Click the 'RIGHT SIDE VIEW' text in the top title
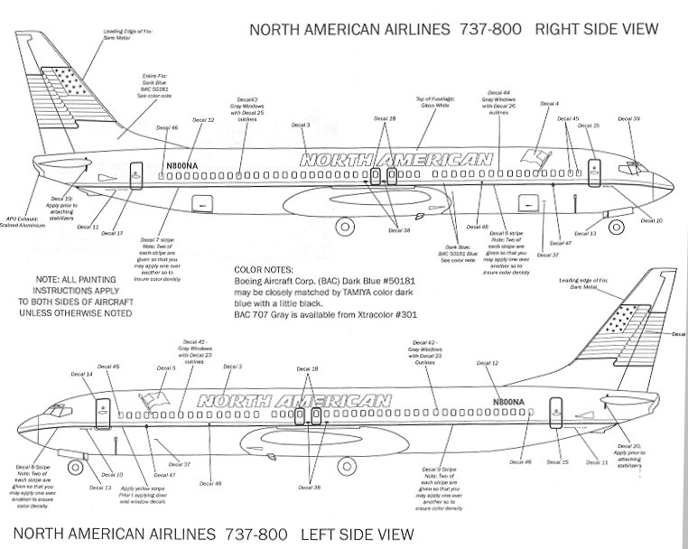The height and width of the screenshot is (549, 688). coord(596,29)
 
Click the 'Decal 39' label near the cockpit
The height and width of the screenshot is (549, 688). coord(630,118)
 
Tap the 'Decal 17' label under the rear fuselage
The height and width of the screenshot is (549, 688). coord(112,233)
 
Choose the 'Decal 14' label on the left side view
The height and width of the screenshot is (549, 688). coord(82,373)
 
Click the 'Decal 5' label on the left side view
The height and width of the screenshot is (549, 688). coord(166,368)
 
